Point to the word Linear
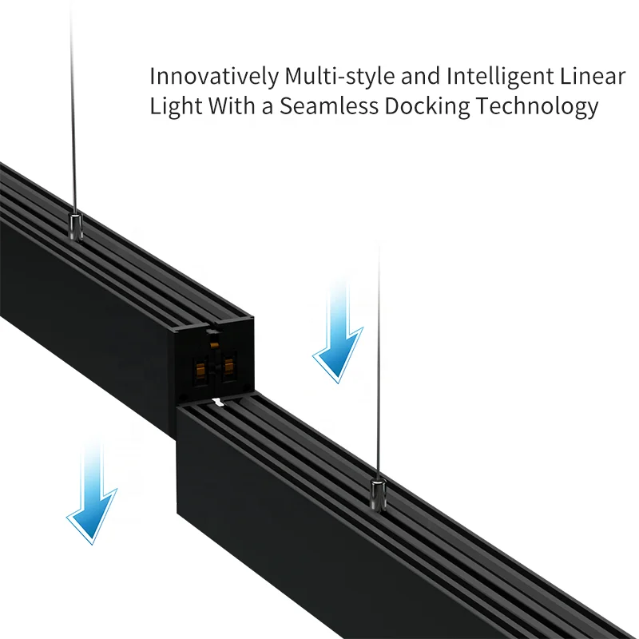(593, 77)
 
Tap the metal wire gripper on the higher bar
(75, 227)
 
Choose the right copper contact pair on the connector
(230, 367)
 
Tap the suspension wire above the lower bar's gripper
(378, 359)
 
